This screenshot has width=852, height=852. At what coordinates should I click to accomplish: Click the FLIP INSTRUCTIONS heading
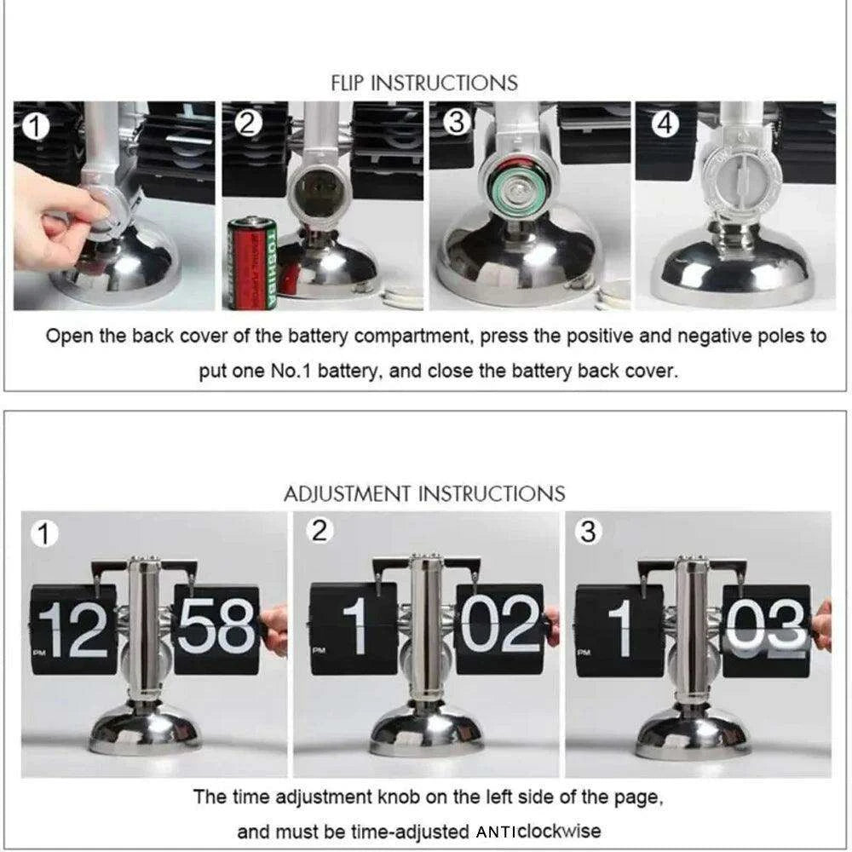coord(423,83)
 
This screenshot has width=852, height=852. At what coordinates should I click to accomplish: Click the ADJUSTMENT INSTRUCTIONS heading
coord(424,494)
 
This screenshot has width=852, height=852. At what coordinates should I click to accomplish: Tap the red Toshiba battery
coord(252,263)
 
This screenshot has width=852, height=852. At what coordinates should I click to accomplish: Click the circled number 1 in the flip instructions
coord(35,127)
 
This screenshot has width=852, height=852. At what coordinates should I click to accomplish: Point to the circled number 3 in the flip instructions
coord(457,122)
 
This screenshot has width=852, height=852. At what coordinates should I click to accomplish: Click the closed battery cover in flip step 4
coord(738,179)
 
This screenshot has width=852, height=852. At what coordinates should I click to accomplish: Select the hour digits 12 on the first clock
coord(73,630)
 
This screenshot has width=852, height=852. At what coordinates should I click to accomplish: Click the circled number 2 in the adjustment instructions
coord(319,530)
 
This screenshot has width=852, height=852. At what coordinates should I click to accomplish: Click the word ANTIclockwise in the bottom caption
coord(538,832)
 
